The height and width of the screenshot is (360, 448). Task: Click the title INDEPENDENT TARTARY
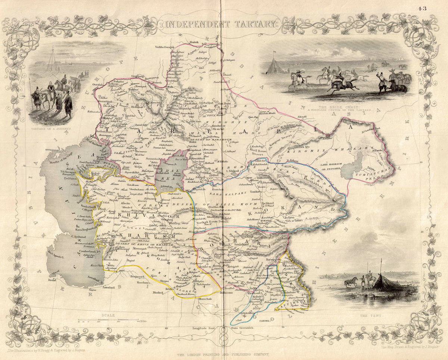[x=221, y=25]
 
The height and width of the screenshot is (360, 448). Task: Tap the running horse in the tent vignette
[x=351, y=282]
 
